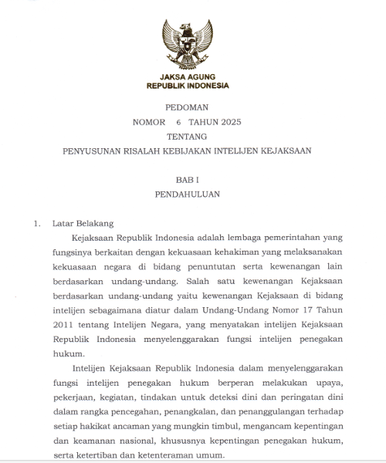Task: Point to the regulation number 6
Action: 178,123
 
